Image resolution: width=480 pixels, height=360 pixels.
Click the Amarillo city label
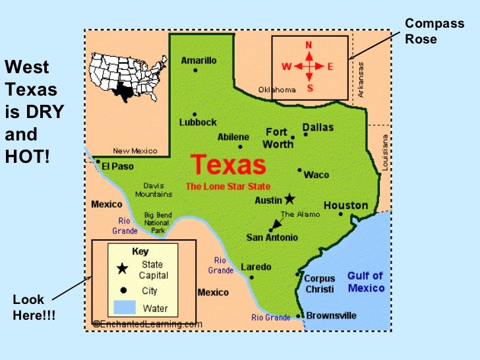pyautogui.click(x=198, y=61)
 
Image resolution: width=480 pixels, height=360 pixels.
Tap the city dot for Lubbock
pyautogui.click(x=194, y=113)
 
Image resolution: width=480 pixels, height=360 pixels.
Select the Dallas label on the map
pyautogui.click(x=318, y=127)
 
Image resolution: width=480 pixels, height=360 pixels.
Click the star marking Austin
pyautogui.click(x=289, y=198)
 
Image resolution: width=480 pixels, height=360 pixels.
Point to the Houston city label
pyautogui.click(x=345, y=205)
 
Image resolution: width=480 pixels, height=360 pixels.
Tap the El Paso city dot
pyautogui.click(x=98, y=161)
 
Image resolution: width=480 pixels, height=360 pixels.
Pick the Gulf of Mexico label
pyautogui.click(x=365, y=282)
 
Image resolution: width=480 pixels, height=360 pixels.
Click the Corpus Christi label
pyautogui.click(x=320, y=284)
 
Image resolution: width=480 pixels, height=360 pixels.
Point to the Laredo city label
pyautogui.click(x=256, y=267)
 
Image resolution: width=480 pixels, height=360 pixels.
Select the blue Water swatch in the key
pyautogui.click(x=123, y=307)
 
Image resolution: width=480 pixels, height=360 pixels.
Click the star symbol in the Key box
pyautogui.click(x=123, y=268)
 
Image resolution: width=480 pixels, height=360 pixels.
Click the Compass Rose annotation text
pyautogui.click(x=425, y=31)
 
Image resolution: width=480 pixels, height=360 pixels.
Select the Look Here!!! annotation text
pyautogui.click(x=34, y=308)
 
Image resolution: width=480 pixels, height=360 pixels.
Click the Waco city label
pyautogui.click(x=316, y=175)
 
